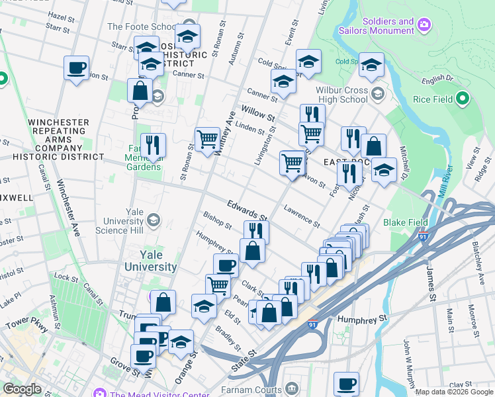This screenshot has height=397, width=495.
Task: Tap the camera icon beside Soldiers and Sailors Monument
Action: coord(424,26)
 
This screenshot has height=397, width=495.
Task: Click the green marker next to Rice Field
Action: coord(463,99)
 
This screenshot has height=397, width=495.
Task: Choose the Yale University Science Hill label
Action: coord(126,220)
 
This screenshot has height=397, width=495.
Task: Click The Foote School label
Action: coord(142,27)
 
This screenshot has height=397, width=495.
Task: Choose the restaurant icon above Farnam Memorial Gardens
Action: coord(153,144)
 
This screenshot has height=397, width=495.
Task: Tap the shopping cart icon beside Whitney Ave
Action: coord(208,139)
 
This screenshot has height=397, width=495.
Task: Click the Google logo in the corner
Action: coord(22,389)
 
